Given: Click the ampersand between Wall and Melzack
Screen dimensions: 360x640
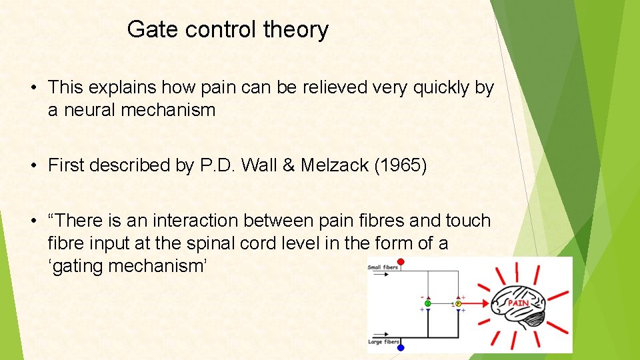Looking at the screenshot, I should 287,165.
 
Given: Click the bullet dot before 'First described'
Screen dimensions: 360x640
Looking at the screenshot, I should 32,166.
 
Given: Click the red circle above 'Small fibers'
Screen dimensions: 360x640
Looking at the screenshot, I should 401,262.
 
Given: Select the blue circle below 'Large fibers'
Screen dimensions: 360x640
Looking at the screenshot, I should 401,347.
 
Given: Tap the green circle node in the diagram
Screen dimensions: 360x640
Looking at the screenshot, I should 428,304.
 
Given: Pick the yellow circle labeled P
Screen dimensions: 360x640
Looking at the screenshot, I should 459,304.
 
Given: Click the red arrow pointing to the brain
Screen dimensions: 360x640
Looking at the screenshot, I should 477,304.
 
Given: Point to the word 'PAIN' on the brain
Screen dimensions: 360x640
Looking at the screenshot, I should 519,303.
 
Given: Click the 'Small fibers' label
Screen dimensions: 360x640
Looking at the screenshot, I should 382,268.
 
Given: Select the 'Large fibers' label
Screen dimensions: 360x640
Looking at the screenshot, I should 383,342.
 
